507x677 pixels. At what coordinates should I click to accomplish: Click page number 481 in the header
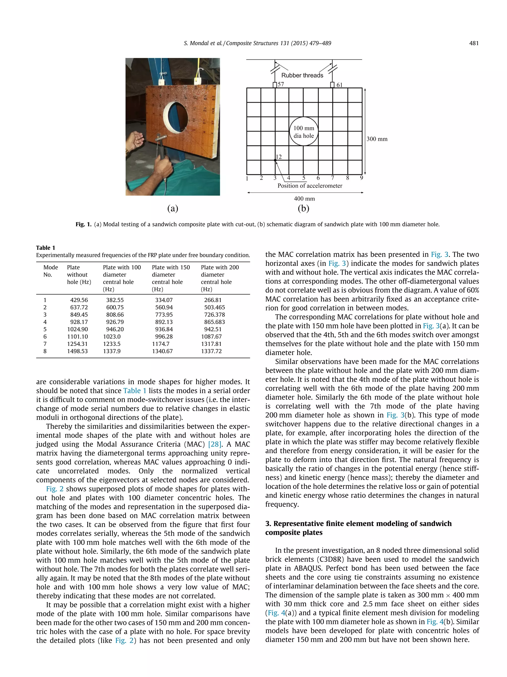tap(473, 43)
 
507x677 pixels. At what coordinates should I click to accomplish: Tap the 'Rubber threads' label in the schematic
tap(302, 75)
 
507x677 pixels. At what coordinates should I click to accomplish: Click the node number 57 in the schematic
tap(280, 84)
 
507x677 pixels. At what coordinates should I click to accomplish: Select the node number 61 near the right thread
tap(339, 85)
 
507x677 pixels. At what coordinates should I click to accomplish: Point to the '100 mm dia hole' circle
tap(304, 132)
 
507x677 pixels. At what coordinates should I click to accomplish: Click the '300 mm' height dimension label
tap(377, 139)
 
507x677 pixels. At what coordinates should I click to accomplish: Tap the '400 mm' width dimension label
tap(304, 199)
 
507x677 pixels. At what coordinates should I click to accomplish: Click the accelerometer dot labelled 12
tap(275, 160)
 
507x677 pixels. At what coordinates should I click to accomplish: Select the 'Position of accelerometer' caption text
tap(310, 186)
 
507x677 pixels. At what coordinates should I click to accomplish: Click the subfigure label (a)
tap(173, 208)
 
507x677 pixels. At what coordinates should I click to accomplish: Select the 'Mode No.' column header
tap(51, 271)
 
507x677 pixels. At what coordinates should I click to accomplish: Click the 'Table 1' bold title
tap(46, 248)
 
